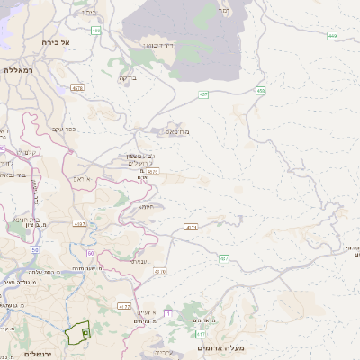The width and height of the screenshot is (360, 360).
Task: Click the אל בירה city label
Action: [x=57, y=42]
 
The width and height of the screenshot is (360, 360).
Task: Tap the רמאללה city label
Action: [x=18, y=69]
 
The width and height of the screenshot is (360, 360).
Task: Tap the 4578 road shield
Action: [x=79, y=87]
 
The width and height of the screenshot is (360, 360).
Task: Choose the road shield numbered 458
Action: [x=260, y=90]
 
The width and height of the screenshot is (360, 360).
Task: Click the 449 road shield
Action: [x=332, y=36]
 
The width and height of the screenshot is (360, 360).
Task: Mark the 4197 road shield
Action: [x=79, y=223]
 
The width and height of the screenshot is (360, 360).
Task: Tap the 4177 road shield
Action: [x=124, y=306]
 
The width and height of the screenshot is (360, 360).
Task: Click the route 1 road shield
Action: [x=167, y=312]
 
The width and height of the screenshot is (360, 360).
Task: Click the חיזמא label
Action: [x=146, y=206]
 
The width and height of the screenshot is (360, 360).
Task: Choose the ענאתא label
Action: [x=138, y=261]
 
